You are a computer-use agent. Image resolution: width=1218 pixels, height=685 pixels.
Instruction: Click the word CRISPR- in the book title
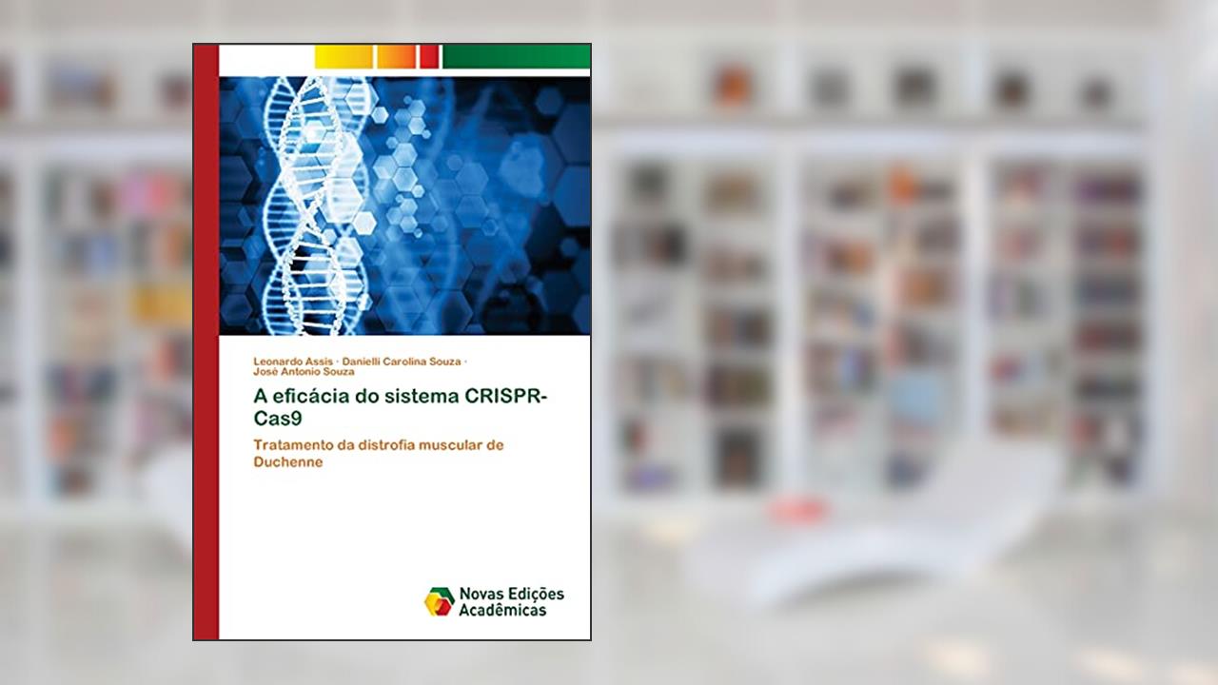505,397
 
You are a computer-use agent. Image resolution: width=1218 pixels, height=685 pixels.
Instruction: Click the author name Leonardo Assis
293,362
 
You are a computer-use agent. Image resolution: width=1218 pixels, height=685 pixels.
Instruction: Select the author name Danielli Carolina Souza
402,362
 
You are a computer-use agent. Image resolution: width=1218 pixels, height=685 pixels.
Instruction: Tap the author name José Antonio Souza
304,372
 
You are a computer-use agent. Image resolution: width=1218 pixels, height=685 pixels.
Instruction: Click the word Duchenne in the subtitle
288,462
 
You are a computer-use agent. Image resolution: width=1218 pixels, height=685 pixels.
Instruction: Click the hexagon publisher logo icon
439,602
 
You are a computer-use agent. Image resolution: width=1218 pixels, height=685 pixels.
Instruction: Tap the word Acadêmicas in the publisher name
502,611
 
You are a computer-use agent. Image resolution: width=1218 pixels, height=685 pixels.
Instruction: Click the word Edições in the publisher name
536,594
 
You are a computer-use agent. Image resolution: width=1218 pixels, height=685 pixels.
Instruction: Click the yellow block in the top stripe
344,57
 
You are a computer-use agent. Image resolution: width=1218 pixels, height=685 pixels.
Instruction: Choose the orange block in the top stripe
397,57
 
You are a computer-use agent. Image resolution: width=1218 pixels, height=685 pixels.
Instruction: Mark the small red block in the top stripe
429,57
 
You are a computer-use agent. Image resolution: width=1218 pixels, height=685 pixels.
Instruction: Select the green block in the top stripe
517,57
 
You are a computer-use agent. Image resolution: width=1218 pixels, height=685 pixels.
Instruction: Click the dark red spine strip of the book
206,342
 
